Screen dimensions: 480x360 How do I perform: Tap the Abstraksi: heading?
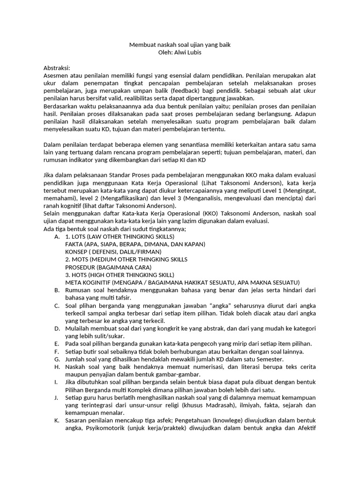point(56,68)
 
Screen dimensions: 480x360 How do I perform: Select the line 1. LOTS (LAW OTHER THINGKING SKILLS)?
point(120,237)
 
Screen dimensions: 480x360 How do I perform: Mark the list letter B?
point(57,290)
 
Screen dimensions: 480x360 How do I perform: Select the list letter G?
point(57,359)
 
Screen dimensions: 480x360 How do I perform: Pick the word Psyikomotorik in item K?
point(107,428)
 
